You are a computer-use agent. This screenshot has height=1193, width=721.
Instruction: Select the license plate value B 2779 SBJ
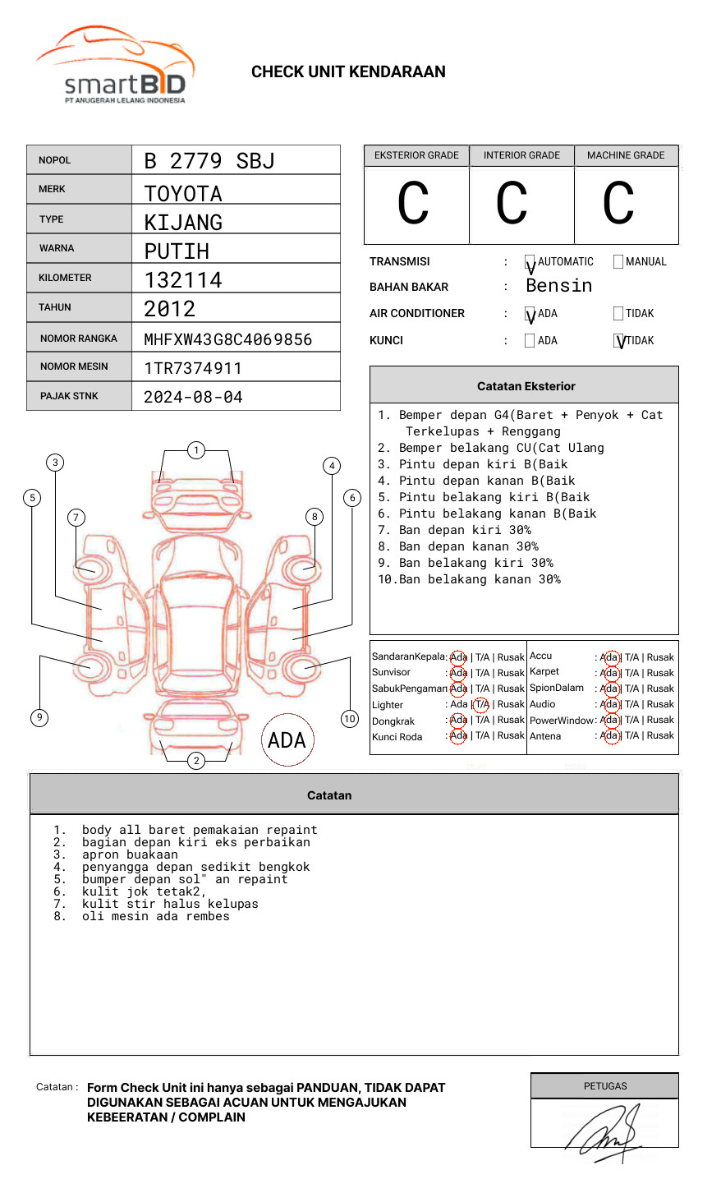tap(209, 161)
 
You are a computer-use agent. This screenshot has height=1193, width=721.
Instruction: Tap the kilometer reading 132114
tap(183, 280)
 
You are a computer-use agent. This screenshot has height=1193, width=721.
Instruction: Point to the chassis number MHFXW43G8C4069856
tap(227, 339)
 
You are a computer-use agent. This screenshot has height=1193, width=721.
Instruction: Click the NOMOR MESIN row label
tap(74, 366)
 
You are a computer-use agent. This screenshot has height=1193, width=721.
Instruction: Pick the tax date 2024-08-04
tap(193, 397)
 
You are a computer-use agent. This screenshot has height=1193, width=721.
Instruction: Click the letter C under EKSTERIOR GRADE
tap(413, 204)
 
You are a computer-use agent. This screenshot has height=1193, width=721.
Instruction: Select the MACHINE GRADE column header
tap(626, 155)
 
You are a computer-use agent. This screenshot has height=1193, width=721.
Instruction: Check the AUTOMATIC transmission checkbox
tap(530, 263)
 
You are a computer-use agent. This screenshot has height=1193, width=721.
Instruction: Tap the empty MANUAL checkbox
tap(618, 262)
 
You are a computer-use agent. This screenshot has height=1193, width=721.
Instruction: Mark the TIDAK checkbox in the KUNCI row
tap(619, 341)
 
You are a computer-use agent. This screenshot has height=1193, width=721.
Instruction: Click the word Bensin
tap(558, 286)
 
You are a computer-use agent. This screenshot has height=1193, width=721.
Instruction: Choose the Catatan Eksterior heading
tap(526, 386)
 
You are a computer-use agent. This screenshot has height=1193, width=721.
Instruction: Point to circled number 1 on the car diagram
tap(195, 450)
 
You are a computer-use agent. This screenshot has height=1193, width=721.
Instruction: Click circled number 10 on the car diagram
tap(350, 719)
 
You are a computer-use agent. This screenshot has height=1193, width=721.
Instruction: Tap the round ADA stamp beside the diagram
tap(287, 740)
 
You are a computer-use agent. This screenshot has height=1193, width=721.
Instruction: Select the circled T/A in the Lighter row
tap(481, 704)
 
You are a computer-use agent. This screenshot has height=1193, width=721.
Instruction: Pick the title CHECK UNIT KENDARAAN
tap(348, 72)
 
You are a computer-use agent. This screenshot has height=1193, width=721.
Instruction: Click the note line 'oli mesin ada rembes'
tap(155, 916)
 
